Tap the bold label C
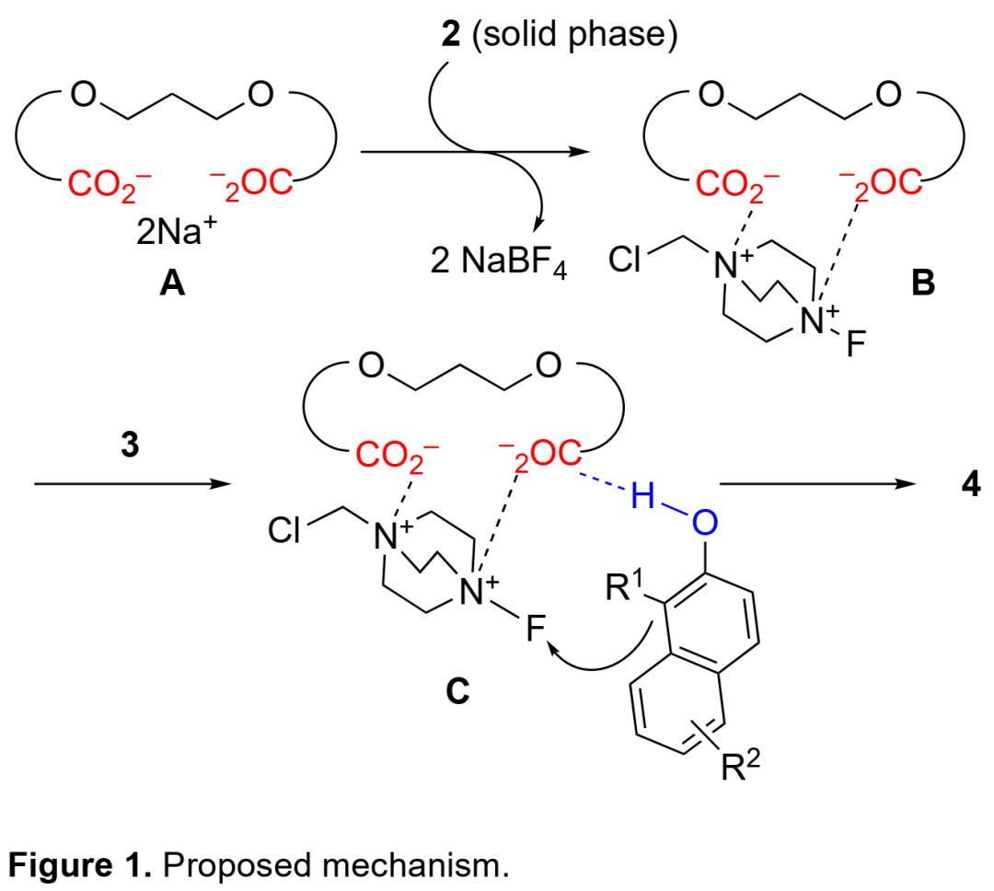pos(457,692)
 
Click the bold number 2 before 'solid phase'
pos(449,36)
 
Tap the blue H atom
pos(641,499)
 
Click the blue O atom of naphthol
pos(703,524)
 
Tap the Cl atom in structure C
pos(285,531)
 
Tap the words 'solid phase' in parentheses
pos(575,36)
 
